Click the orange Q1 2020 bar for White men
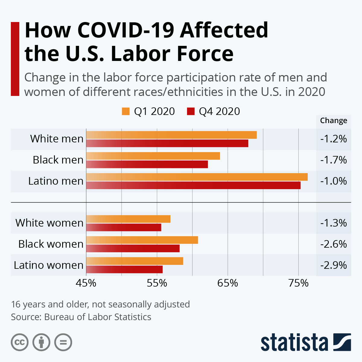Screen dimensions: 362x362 [171, 135]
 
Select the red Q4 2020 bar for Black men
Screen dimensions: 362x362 [147, 164]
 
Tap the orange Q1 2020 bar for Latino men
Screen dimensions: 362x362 [197, 177]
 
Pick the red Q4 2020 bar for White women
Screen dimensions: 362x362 [124, 227]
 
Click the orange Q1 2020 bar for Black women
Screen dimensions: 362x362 [142, 240]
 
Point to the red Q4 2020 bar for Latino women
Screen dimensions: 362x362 [124, 269]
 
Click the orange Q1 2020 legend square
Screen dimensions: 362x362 [125, 111]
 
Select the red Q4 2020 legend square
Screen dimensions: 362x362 [191, 111]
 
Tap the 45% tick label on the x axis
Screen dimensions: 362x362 [86, 283]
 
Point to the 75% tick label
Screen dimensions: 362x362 [298, 283]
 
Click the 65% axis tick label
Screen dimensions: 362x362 [228, 283]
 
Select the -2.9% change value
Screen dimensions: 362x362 [333, 265]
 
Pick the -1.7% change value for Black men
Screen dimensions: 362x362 [333, 160]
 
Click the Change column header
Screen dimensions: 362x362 [333, 120]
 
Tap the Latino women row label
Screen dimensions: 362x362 [49, 265]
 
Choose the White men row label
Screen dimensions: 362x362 [57, 139]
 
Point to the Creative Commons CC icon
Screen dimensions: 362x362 [20, 342]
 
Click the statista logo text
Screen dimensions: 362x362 [294, 343]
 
